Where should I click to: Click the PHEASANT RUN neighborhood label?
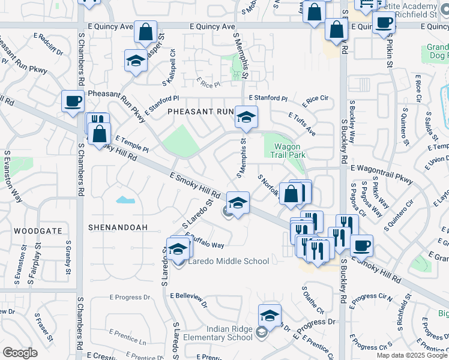[x=200, y=112]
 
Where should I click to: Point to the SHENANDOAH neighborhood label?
[x=118, y=228]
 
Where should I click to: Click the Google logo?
[x=20, y=353]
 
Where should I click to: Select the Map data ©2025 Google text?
[x=412, y=355]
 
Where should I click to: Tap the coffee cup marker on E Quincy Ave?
[x=384, y=23]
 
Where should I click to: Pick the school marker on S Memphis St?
[x=246, y=117]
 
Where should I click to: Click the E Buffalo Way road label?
[x=205, y=240]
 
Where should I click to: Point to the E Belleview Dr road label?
[x=188, y=296]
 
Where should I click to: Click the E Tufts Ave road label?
[x=302, y=123]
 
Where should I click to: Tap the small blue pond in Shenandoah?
[x=125, y=199]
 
